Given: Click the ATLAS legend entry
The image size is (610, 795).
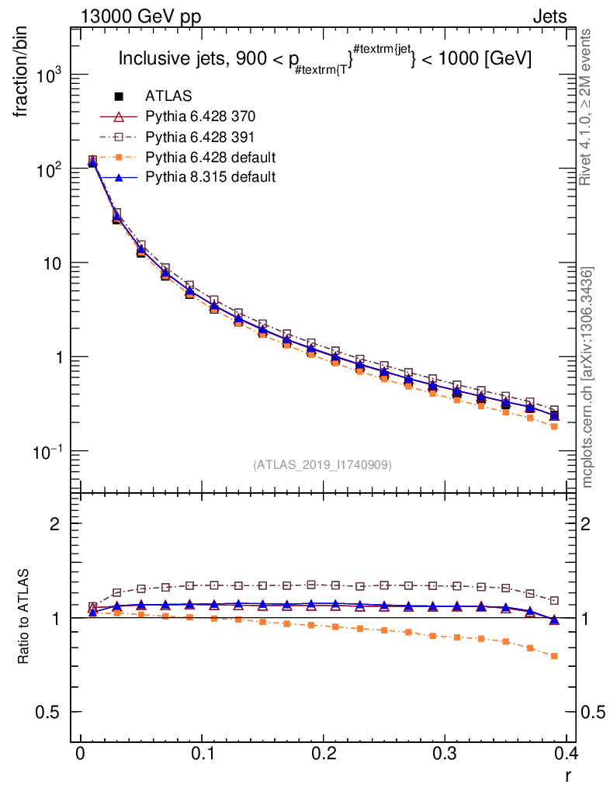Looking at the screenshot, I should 168,96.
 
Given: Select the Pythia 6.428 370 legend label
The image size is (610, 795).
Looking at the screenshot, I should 200,116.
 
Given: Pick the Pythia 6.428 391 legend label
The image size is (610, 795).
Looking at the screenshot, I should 200,137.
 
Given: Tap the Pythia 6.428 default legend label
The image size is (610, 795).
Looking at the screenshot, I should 210,157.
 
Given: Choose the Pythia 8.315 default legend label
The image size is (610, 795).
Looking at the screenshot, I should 210,177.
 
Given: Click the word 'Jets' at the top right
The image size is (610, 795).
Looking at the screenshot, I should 549,16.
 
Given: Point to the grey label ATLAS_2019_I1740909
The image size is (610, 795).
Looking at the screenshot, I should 322,465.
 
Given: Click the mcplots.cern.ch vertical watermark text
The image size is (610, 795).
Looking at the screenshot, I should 587,378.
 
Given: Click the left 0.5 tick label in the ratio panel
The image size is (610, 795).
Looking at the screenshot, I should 53,712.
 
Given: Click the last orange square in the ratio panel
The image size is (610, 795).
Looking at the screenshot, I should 554,656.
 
